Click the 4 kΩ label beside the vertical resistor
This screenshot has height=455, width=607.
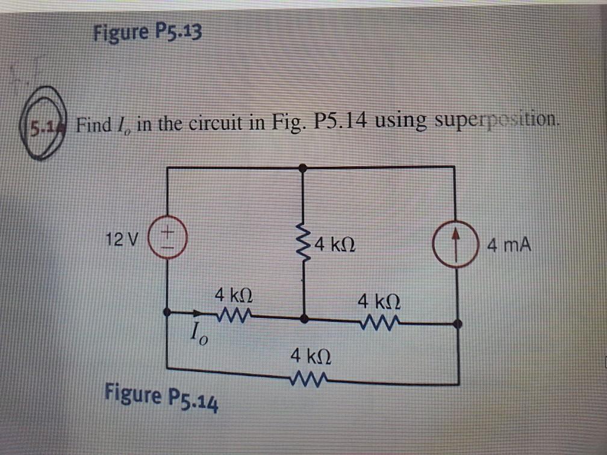[x=337, y=245]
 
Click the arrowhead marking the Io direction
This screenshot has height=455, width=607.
[x=197, y=313]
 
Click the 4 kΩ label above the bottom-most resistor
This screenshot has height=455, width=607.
[x=309, y=356]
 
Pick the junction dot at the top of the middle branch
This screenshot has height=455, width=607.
[x=305, y=170]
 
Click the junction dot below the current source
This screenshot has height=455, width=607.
[x=458, y=324]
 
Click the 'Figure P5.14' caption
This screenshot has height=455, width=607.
[x=161, y=398]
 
